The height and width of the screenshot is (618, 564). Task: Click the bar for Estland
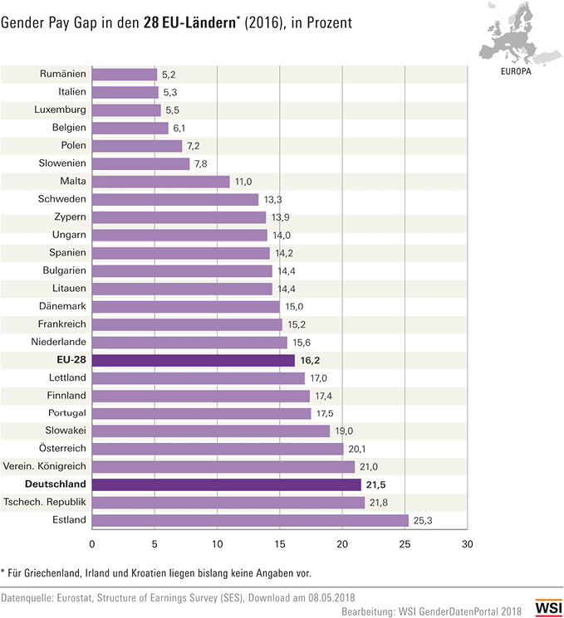250,520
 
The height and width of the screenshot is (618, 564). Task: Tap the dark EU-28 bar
193,360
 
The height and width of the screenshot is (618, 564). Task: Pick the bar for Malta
160,181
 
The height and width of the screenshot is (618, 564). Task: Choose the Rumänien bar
124,74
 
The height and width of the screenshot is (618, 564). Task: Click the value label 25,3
424,520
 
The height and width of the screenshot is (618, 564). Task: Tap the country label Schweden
63,199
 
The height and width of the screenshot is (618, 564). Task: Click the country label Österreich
62,449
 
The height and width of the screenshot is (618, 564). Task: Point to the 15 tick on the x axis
280,544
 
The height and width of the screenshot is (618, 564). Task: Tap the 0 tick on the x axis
92,544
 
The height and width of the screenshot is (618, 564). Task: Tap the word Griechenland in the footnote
62,572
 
